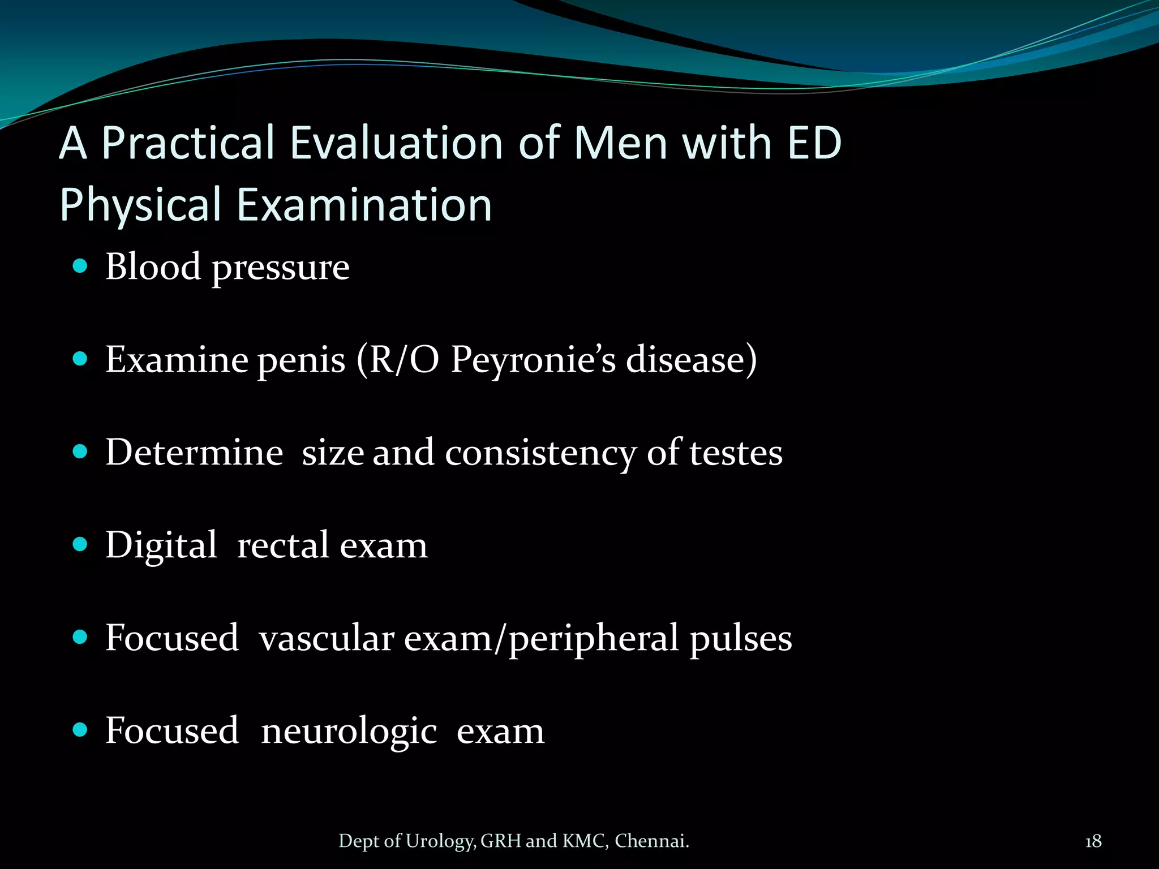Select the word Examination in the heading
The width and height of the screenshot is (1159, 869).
click(x=364, y=205)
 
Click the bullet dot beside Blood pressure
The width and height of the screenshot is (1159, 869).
click(x=80, y=266)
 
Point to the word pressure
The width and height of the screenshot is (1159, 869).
click(x=280, y=268)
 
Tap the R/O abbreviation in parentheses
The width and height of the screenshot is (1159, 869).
click(x=403, y=360)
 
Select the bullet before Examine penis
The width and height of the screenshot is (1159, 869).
click(x=80, y=359)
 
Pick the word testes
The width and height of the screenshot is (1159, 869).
click(x=736, y=453)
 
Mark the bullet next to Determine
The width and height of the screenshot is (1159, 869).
click(x=80, y=451)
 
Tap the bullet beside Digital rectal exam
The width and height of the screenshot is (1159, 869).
click(x=80, y=544)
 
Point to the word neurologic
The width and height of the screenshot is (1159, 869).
click(x=349, y=732)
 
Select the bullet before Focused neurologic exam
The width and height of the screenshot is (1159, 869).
click(x=80, y=730)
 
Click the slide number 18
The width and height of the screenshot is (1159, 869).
click(x=1093, y=841)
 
